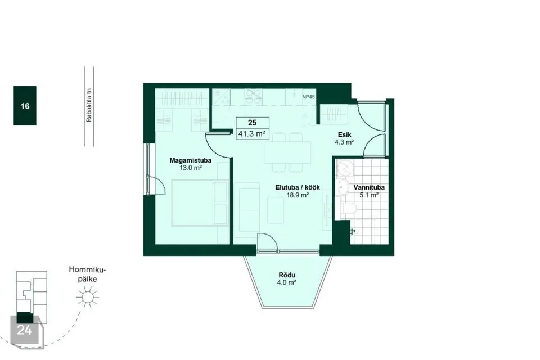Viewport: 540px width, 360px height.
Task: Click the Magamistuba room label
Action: pos(191,160)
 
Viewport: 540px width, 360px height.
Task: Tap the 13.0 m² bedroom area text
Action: pos(191,168)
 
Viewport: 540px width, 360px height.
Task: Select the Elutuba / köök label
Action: pos(298,187)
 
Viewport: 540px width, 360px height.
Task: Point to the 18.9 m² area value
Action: pos(298,195)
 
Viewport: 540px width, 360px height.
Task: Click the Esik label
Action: pos(344,134)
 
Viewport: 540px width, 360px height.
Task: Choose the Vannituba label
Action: pos(369,187)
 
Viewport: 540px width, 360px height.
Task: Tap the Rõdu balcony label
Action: pos(287,275)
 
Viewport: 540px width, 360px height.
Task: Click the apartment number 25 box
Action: pos(253,123)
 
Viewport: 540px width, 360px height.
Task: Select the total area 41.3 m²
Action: pos(253,134)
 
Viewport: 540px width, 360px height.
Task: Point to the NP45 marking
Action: pos(309,97)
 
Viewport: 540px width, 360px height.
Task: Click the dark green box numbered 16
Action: pos(25,106)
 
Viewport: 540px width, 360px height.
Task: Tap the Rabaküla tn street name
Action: pos(89,105)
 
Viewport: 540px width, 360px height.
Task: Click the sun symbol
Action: pos(88,297)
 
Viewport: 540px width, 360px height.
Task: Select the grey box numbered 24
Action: pos(25,330)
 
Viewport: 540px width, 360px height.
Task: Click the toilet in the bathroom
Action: pos(347,210)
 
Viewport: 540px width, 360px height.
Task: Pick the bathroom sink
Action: pos(343,187)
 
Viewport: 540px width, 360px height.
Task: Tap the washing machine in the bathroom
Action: pos(343,168)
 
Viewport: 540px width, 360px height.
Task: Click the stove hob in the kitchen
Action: pos(254,97)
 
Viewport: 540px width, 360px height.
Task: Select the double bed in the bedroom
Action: pos(200,202)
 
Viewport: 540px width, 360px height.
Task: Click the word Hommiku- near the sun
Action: pos(88,269)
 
